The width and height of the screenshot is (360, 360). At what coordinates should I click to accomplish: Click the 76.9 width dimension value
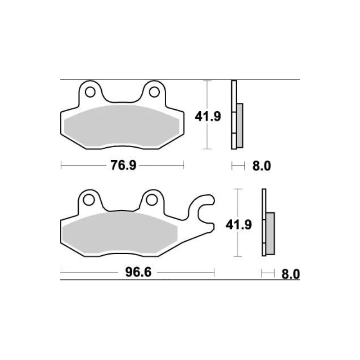point(123,166)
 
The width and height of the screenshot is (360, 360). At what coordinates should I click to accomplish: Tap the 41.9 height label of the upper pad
point(207,117)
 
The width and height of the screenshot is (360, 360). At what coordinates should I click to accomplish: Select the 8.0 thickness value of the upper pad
point(261,166)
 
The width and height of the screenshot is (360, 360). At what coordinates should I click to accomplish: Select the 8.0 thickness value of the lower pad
point(290,274)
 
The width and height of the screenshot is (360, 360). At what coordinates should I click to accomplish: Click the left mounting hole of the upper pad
point(90,92)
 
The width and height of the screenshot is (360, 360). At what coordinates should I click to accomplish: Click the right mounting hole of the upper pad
point(154,92)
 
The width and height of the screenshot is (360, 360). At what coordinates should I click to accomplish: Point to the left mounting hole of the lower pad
point(89,199)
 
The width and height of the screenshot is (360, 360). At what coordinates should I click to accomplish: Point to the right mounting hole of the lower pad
point(152,199)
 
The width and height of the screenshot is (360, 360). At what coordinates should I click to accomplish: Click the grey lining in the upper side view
point(239,125)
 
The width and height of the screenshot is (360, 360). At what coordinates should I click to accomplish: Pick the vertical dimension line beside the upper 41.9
point(207,135)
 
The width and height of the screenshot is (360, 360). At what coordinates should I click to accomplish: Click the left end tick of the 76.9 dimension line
point(61,166)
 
